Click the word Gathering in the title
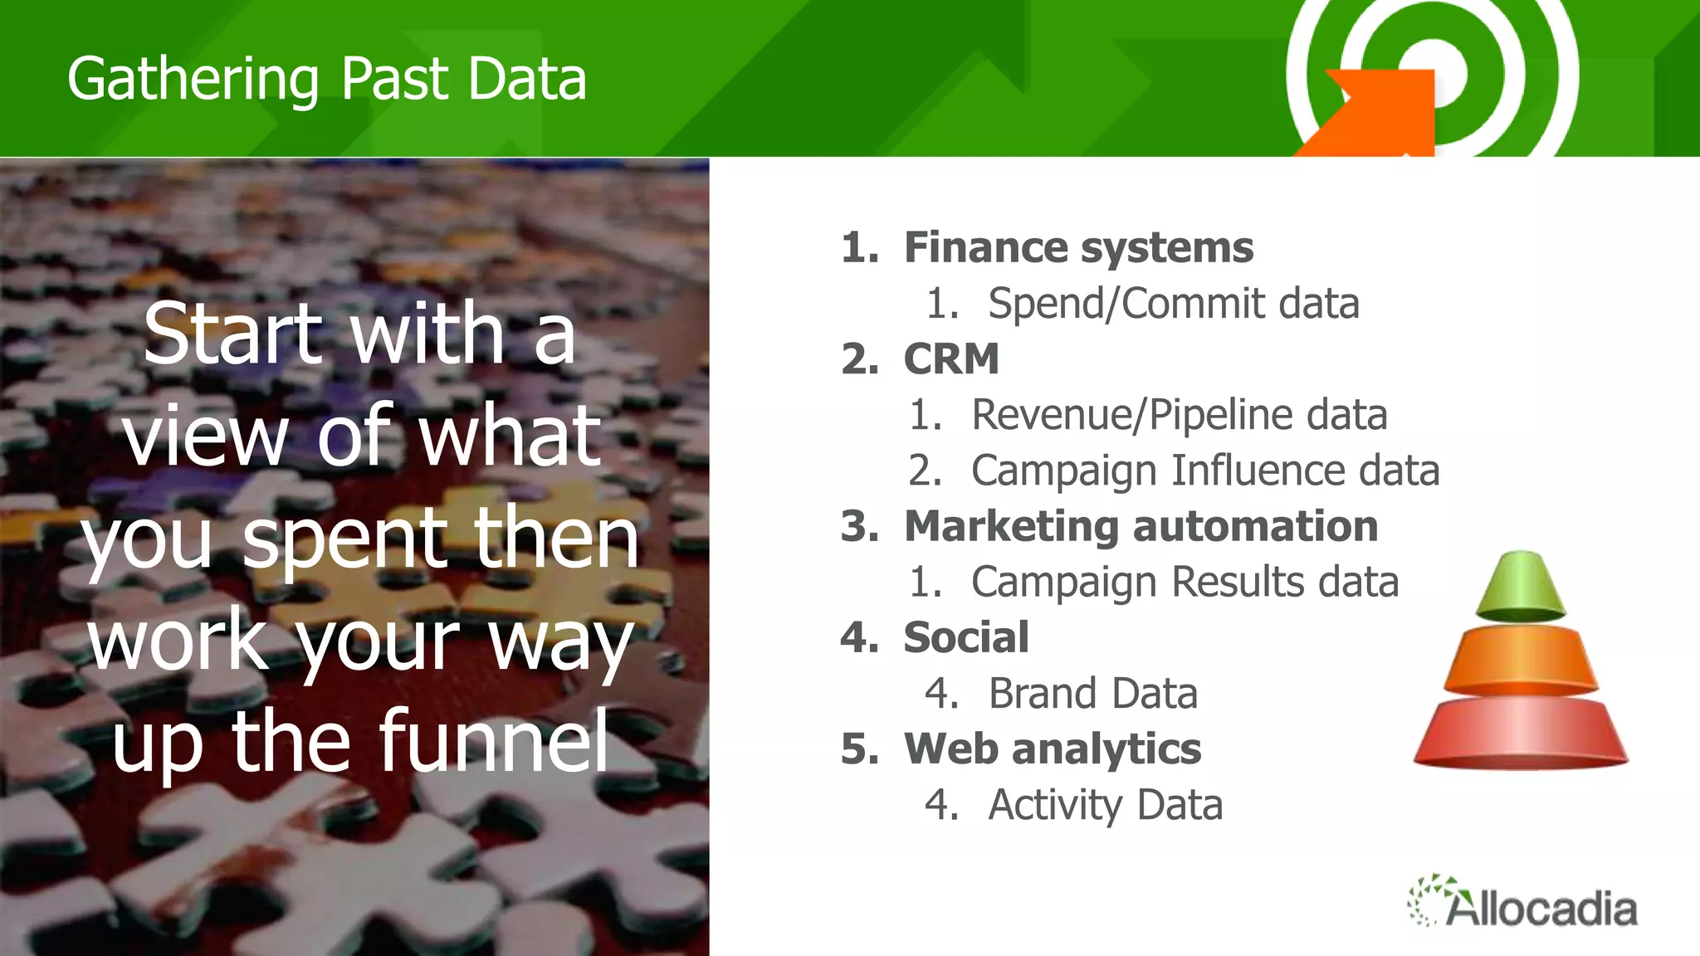pyautogui.click(x=193, y=80)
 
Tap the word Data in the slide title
pyautogui.click(x=526, y=79)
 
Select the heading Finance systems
pyautogui.click(x=1077, y=247)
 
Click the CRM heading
pyautogui.click(x=950, y=359)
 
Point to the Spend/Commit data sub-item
pyautogui.click(x=1173, y=303)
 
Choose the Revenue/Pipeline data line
pyautogui.click(x=1179, y=414)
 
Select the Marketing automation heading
pyautogui.click(x=1141, y=526)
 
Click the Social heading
pyautogui.click(x=965, y=637)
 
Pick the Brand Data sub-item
pyautogui.click(x=1092, y=693)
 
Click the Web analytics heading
pyautogui.click(x=1052, y=749)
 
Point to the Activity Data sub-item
pyautogui.click(x=1105, y=804)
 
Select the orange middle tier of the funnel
pyautogui.click(x=1520, y=661)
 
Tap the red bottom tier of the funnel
pyautogui.click(x=1520, y=733)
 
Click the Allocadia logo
pyautogui.click(x=1524, y=903)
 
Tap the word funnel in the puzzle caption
pyautogui.click(x=495, y=741)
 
